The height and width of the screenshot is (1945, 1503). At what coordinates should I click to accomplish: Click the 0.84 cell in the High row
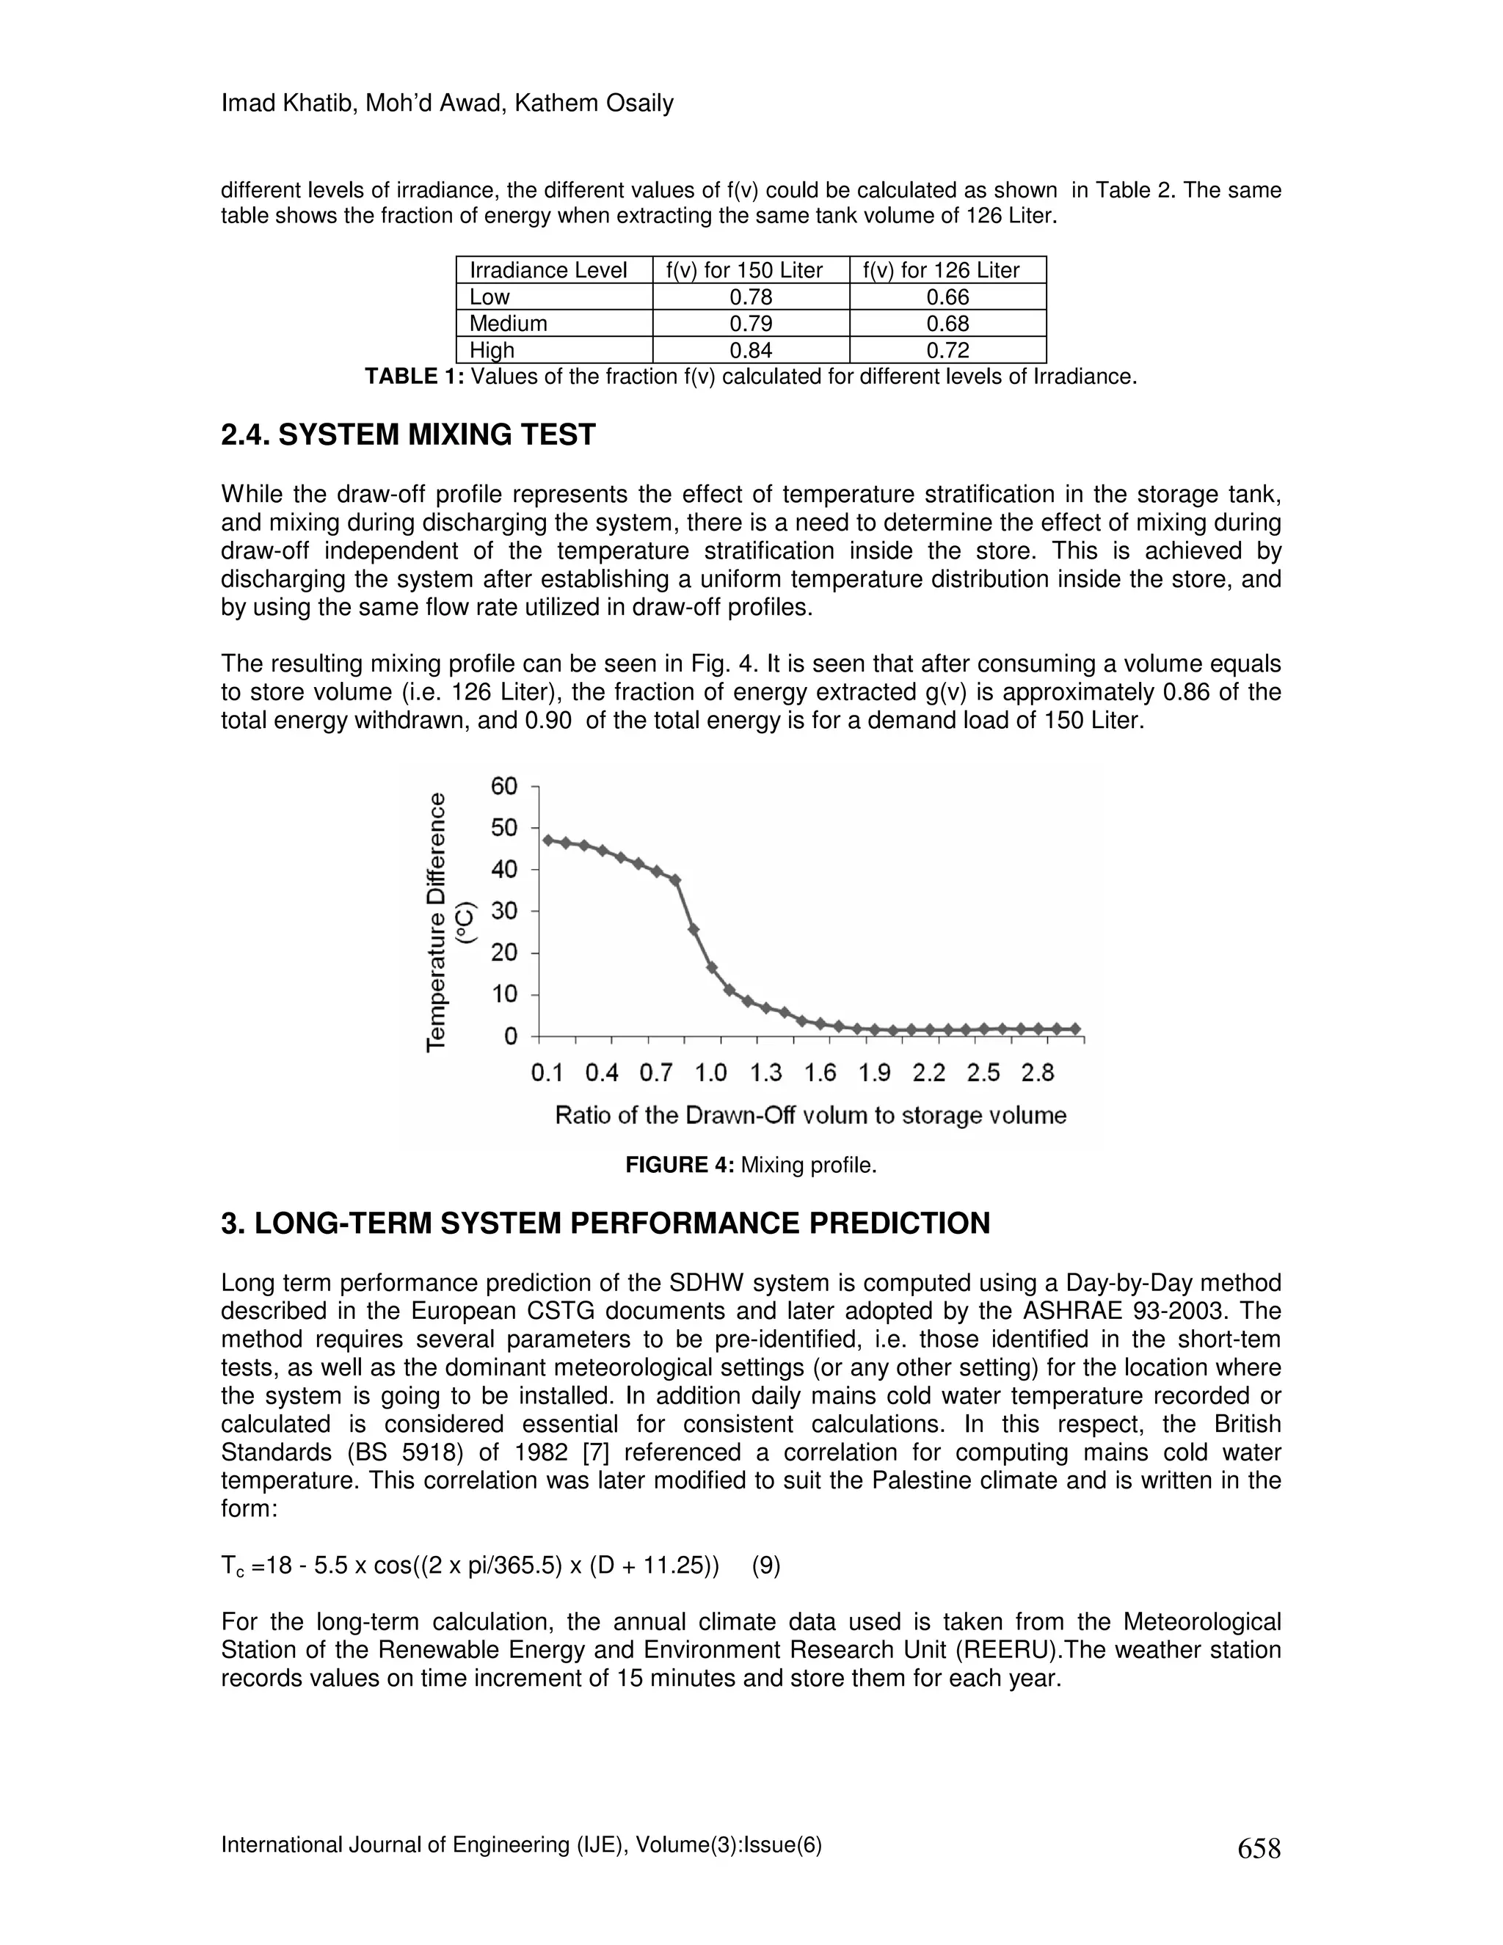tap(751, 350)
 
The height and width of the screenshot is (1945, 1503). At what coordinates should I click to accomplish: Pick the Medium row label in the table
tap(508, 323)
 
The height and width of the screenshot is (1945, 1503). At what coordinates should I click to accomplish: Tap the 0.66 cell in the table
tap(947, 297)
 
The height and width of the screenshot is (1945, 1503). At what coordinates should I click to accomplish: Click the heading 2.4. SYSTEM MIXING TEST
tap(408, 435)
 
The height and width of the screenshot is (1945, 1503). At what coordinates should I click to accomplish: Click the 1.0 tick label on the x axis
tap(710, 1073)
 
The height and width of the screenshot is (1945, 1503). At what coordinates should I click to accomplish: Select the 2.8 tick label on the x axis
tap(1037, 1073)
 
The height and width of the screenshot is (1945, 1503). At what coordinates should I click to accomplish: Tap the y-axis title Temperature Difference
tap(437, 921)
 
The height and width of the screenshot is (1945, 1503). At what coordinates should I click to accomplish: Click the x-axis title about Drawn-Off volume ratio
tap(810, 1116)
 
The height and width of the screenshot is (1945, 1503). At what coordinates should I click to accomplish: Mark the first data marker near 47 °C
tap(548, 840)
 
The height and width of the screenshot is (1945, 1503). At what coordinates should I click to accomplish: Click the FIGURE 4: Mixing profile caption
tap(751, 1165)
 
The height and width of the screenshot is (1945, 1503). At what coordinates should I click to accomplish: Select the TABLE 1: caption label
tap(414, 377)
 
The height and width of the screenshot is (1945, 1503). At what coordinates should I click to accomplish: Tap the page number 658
tap(1258, 1849)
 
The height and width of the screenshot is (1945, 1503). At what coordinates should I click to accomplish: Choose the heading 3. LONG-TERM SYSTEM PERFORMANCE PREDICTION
tap(605, 1223)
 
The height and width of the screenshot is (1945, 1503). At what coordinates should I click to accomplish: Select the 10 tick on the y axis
tap(504, 994)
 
